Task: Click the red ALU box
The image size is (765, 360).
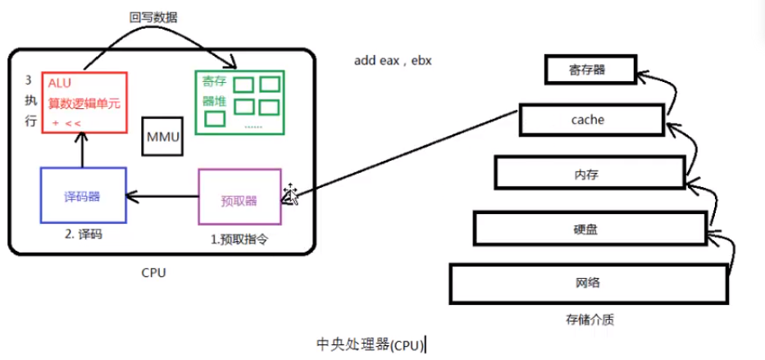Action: tap(84, 102)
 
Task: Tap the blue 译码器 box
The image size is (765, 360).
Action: tap(83, 195)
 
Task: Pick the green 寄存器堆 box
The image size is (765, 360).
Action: tap(239, 103)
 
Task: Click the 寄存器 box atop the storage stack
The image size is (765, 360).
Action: tap(590, 69)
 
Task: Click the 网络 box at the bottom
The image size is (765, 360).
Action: tap(588, 283)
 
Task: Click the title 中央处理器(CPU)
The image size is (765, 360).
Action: tap(371, 344)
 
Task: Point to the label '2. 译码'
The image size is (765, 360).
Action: tap(84, 235)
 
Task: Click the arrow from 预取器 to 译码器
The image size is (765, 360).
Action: tap(162, 197)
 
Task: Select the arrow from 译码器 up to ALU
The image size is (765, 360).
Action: tap(82, 150)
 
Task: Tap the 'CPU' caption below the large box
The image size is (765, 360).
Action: tap(153, 272)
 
